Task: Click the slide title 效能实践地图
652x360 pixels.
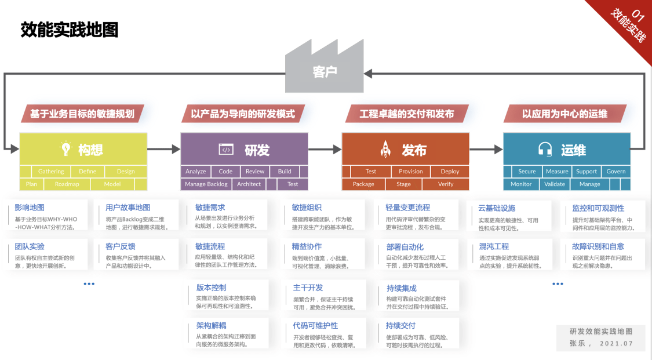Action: pos(70,30)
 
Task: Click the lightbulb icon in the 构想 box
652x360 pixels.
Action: pos(65,149)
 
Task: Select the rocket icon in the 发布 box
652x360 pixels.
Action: pos(385,150)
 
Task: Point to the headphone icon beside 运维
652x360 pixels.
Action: pos(545,150)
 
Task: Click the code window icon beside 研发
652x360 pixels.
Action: pos(226,150)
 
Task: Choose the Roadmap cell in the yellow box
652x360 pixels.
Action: pos(67,184)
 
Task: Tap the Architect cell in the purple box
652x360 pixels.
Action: pos(249,184)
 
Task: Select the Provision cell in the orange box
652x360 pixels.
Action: pos(410,172)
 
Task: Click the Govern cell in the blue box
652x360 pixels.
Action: pos(615,172)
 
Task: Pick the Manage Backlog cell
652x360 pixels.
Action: pos(206,184)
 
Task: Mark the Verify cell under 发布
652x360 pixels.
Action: pos(446,184)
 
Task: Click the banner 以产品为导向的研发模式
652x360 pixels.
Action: pos(243,114)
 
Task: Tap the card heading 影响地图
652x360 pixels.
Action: pos(30,208)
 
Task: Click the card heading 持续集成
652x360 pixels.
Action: pos(402,288)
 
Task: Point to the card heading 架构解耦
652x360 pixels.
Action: pos(211,326)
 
